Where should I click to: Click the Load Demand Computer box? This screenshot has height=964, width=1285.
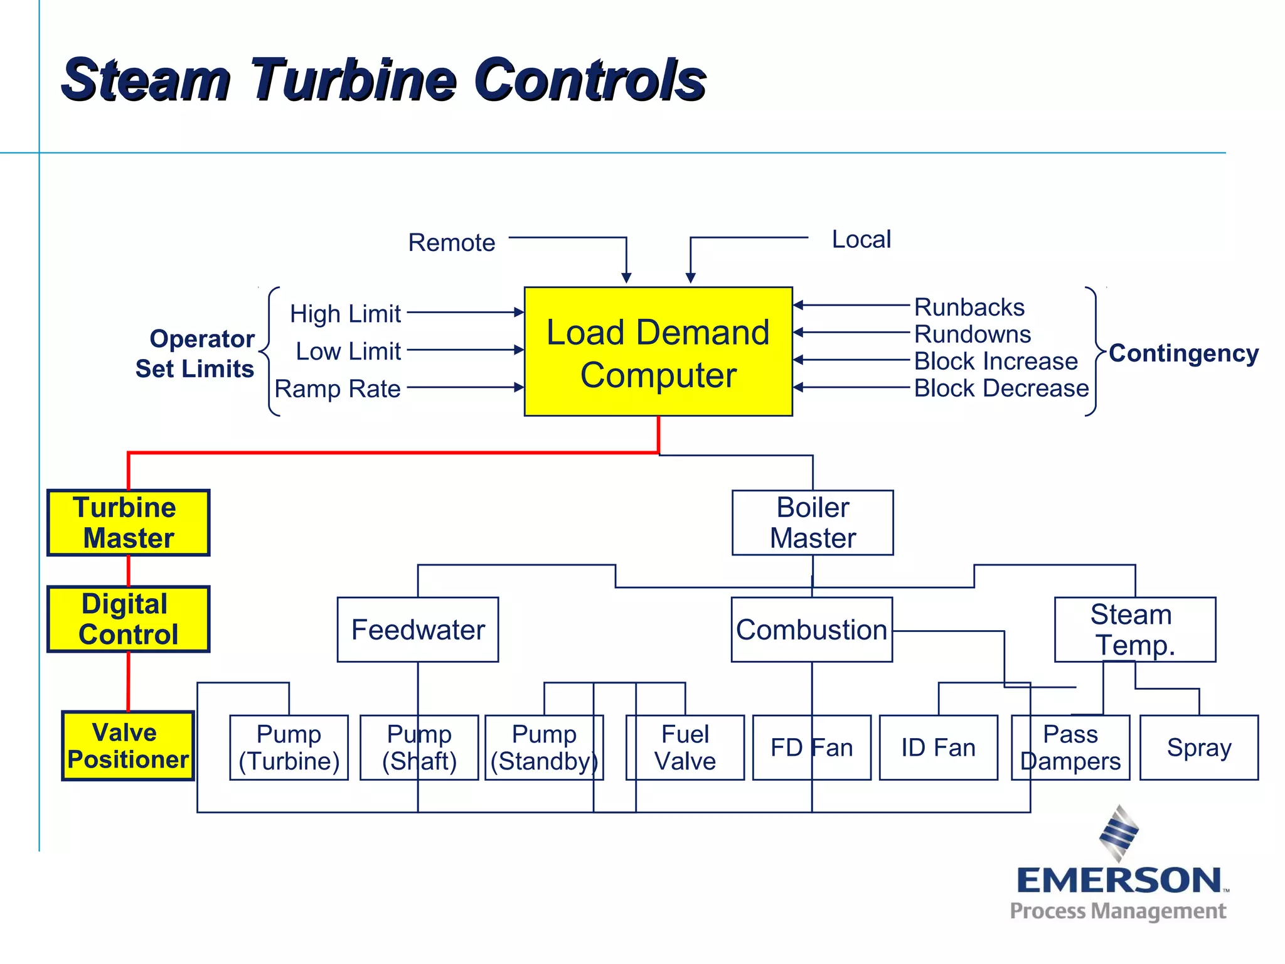(x=658, y=351)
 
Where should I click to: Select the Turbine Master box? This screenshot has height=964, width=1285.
(x=129, y=523)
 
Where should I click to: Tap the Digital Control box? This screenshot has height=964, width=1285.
(x=129, y=619)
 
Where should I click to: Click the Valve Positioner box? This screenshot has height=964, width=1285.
(x=128, y=746)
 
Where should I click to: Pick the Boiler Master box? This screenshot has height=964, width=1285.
(x=813, y=523)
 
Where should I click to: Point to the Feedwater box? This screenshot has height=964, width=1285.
(x=418, y=629)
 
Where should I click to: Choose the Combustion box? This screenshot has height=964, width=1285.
(x=811, y=629)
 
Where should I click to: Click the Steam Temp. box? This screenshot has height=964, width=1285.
(x=1134, y=629)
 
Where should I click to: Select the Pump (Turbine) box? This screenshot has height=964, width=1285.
(x=289, y=747)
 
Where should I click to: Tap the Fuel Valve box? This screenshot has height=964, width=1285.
(x=685, y=747)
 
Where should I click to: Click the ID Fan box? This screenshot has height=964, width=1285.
(x=938, y=747)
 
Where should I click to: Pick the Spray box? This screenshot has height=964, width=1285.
(x=1198, y=747)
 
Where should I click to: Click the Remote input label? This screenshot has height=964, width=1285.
(x=452, y=242)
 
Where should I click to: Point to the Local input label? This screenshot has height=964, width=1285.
(x=861, y=239)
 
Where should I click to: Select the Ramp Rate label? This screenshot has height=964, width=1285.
(x=338, y=388)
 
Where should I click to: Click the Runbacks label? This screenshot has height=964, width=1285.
(x=969, y=307)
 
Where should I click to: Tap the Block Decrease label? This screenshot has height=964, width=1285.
(x=1001, y=388)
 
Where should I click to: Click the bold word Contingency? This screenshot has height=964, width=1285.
(x=1183, y=353)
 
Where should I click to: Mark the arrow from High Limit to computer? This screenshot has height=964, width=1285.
(x=465, y=312)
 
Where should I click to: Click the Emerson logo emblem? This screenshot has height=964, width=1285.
(x=1119, y=833)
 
